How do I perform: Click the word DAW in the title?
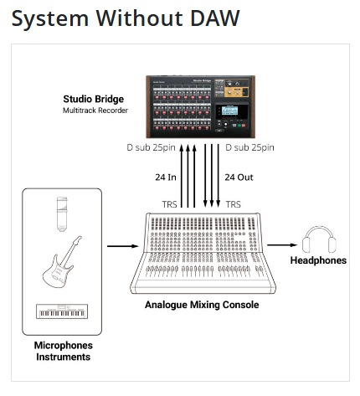pos(215,18)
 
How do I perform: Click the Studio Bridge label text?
pos(94,99)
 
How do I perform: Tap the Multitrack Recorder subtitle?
pos(95,111)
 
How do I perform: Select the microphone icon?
pos(62,214)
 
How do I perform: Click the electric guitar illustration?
pos(62,262)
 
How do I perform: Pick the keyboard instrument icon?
pos(62,311)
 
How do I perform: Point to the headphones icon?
pos(319,239)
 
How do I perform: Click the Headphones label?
pos(318,260)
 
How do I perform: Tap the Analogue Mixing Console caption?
pos(202,305)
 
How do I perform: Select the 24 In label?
pos(166,177)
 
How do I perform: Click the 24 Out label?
pos(239,177)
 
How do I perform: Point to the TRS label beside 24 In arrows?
pos(169,204)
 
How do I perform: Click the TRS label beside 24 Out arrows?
pos(234,204)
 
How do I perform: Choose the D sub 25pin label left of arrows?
pos(151,147)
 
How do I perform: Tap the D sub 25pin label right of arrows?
pos(249,147)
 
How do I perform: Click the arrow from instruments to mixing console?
pos(123,246)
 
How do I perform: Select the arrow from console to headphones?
pos(282,245)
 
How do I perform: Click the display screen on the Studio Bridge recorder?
pos(230,111)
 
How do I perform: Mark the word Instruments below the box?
pos(64,357)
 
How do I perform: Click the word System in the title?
pos(50,19)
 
